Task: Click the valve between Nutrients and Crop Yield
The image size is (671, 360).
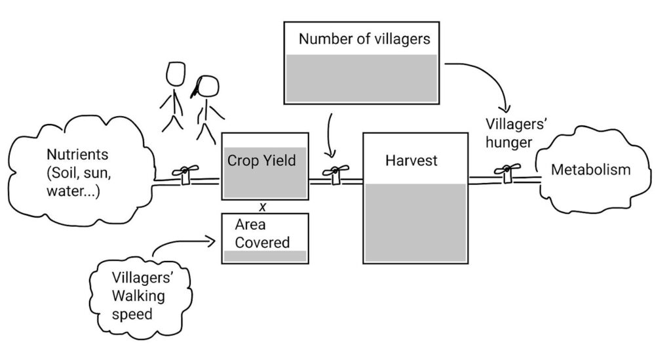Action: (184, 174)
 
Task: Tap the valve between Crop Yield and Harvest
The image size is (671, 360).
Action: (335, 174)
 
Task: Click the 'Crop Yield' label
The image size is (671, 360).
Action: (261, 160)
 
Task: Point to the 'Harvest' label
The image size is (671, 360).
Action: (411, 160)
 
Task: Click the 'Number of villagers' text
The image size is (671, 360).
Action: (364, 39)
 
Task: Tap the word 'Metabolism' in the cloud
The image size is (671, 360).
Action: (590, 170)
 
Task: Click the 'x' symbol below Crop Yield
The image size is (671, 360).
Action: (263, 207)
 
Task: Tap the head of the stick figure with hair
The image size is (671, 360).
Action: (208, 87)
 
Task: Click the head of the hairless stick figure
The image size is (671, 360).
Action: (176, 73)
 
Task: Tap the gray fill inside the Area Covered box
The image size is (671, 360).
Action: (265, 256)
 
